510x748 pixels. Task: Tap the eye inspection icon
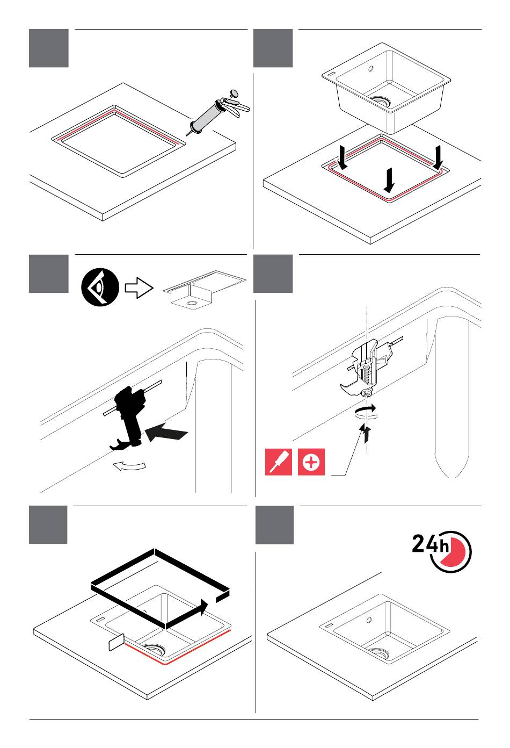click(x=100, y=287)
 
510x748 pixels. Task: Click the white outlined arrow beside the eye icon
click(x=139, y=287)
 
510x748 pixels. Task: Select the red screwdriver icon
click(x=279, y=462)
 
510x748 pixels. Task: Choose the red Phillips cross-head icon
click(x=311, y=462)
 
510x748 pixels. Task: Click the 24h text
click(x=431, y=544)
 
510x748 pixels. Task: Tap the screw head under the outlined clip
click(x=367, y=393)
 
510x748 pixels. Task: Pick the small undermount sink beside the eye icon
click(x=205, y=289)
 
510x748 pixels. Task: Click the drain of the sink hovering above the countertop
click(x=381, y=101)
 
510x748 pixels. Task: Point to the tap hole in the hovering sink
click(x=370, y=69)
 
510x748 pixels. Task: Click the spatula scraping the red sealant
click(x=116, y=642)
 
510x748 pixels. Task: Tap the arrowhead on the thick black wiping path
click(x=202, y=607)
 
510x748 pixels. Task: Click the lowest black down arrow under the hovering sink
click(x=389, y=180)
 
